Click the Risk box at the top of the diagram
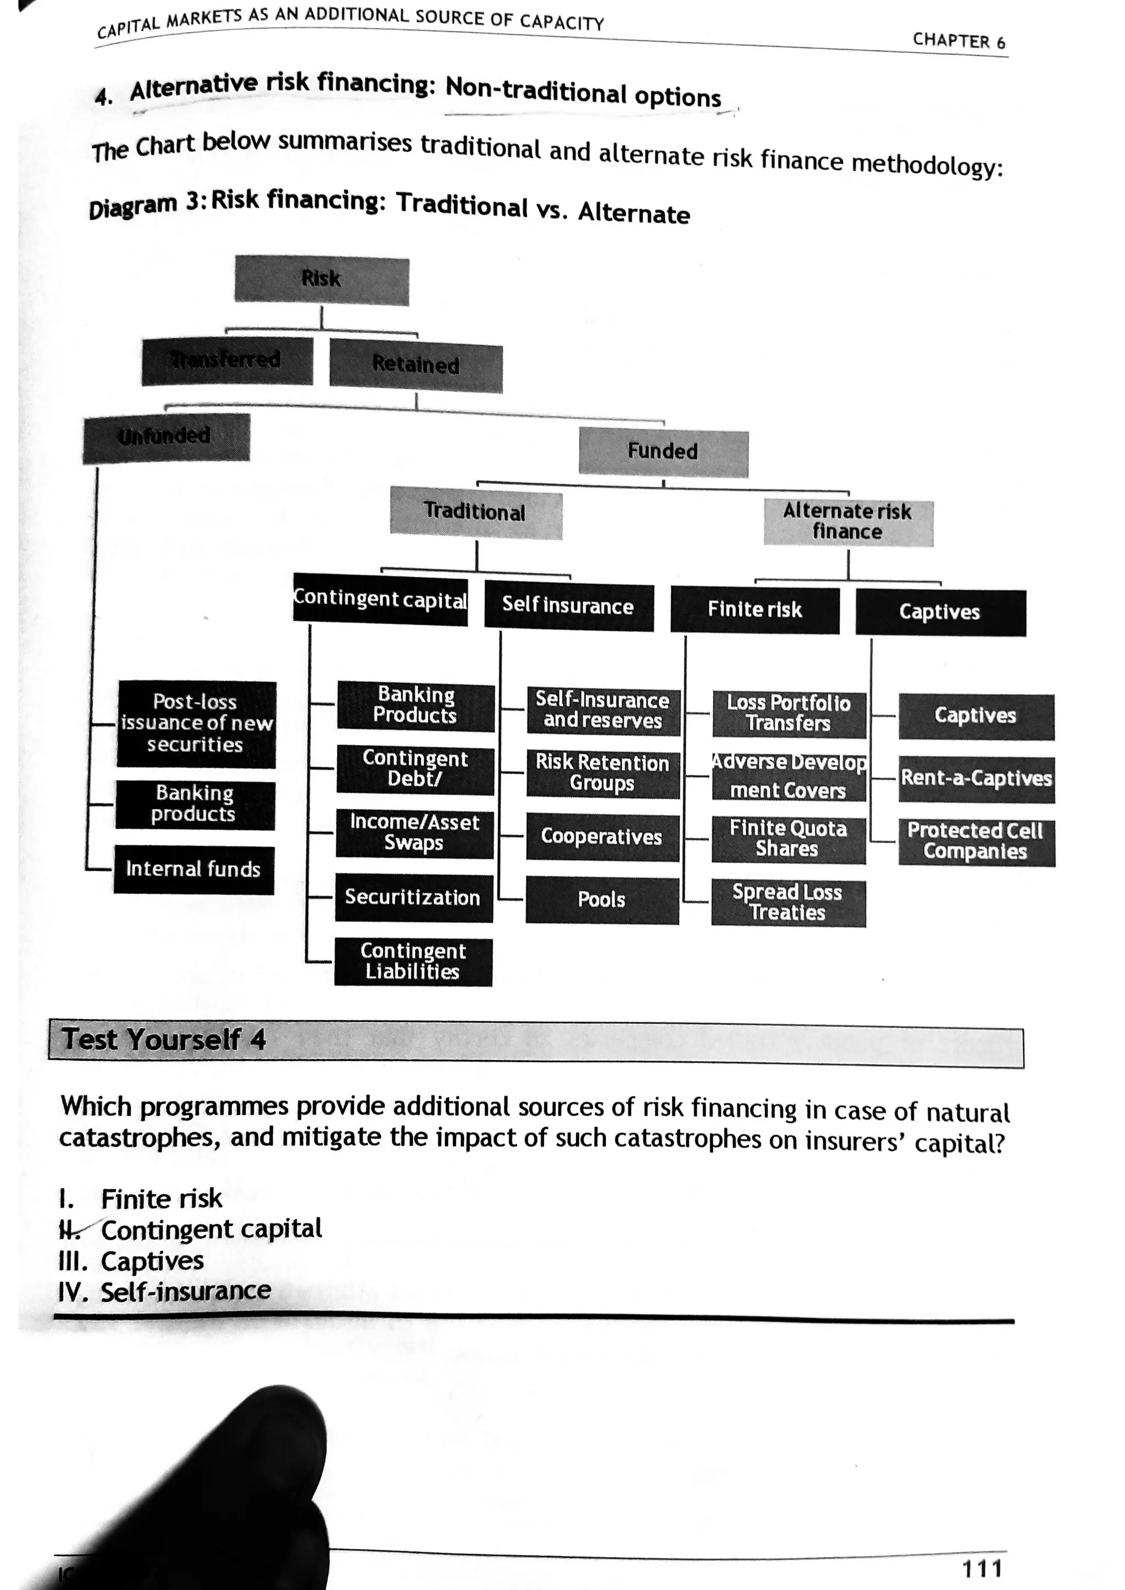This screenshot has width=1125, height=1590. (321, 280)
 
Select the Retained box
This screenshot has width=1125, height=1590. (416, 365)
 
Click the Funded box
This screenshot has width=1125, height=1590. (663, 451)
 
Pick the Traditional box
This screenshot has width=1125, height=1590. (475, 512)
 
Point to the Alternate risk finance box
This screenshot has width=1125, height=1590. (848, 522)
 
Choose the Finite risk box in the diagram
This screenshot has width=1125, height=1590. (754, 610)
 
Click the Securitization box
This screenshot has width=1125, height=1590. (414, 898)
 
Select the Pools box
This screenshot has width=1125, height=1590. (602, 900)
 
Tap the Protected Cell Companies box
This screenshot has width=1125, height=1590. (976, 842)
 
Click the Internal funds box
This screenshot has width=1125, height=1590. (193, 870)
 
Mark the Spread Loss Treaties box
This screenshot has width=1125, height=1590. (788, 903)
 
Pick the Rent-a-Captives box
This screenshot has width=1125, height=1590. (976, 779)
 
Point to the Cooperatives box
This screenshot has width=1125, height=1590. (602, 837)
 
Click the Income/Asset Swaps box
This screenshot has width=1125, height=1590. (414, 833)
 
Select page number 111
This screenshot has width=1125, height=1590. (982, 1567)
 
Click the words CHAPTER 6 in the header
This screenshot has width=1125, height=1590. (959, 41)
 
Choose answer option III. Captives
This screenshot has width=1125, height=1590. (132, 1261)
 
